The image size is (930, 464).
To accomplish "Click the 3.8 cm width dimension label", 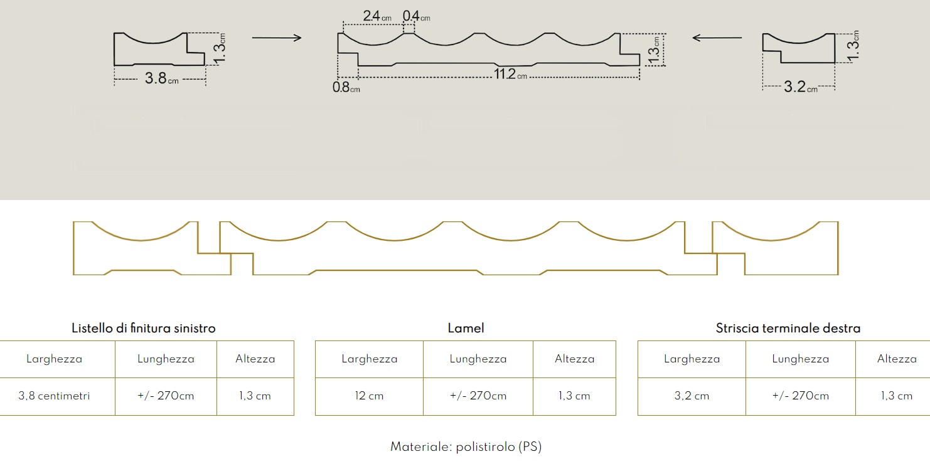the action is pyautogui.click(x=161, y=78).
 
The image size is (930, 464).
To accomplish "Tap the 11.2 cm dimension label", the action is pyautogui.click(x=510, y=74).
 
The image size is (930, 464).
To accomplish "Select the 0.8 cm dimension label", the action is pyautogui.click(x=346, y=88).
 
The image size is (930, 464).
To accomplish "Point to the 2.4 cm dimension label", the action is pyautogui.click(x=377, y=16).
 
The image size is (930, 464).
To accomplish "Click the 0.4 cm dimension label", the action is pyautogui.click(x=417, y=16).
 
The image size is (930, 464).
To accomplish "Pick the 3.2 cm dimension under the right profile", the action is pyautogui.click(x=801, y=87).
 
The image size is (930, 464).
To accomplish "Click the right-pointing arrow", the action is pyautogui.click(x=277, y=38).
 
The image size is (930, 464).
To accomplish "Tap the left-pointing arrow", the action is pyautogui.click(x=717, y=38).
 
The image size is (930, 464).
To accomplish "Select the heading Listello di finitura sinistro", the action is pyautogui.click(x=144, y=329).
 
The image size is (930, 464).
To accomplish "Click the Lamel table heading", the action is pyautogui.click(x=466, y=329).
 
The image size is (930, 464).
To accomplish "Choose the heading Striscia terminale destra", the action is pyautogui.click(x=788, y=329).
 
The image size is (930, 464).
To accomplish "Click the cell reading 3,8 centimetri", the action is pyautogui.click(x=54, y=396).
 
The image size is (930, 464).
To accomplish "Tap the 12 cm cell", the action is pyautogui.click(x=369, y=396).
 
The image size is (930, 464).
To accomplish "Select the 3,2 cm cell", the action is pyautogui.click(x=692, y=396).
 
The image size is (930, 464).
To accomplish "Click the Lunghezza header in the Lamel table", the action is pyautogui.click(x=478, y=359).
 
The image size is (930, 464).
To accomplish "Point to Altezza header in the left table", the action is pyautogui.click(x=255, y=359).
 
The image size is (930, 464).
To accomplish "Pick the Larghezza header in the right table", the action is pyautogui.click(x=692, y=359).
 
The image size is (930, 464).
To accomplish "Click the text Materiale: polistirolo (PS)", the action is pyautogui.click(x=466, y=446).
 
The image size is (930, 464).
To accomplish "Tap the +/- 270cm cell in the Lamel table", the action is pyautogui.click(x=478, y=396).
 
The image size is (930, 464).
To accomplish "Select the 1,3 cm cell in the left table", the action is pyautogui.click(x=255, y=396).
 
